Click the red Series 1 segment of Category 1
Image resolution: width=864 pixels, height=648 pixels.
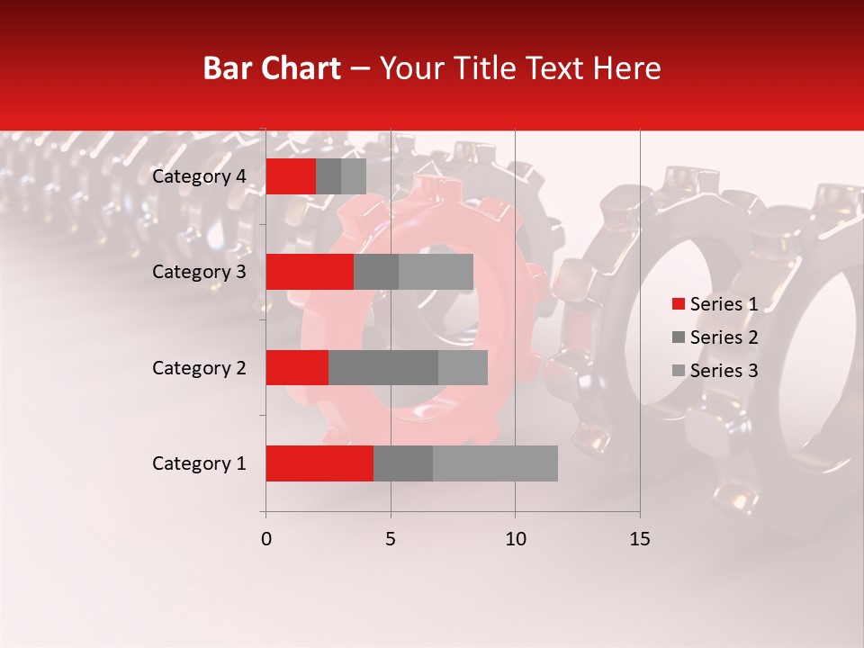pos(319,463)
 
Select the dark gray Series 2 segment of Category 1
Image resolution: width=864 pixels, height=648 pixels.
pos(403,463)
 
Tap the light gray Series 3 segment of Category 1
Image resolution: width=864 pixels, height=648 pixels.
pos(495,463)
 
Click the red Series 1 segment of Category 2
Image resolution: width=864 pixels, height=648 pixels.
pos(297,367)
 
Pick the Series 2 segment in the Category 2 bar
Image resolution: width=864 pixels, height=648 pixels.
pos(383,367)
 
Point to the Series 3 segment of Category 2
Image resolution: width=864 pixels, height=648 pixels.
pos(463,367)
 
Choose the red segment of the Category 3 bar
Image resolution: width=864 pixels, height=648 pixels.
pos(310,272)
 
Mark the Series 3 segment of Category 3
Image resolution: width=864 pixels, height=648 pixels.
pos(436,272)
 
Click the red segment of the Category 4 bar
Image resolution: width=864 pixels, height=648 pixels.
pos(291,176)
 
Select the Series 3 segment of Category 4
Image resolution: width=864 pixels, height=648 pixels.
pos(354,176)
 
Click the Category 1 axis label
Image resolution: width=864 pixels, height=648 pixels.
pos(199,463)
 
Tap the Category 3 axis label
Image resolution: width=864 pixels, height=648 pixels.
pos(199,272)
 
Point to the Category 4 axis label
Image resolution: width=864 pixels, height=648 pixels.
pos(199,176)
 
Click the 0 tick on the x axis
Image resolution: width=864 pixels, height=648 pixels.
pos(266,539)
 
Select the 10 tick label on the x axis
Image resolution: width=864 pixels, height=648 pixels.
pos(515,539)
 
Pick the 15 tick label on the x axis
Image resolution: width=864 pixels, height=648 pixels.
pos(640,539)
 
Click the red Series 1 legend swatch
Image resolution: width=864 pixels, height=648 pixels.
pos(679,304)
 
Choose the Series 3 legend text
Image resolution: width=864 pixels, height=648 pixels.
pos(724,371)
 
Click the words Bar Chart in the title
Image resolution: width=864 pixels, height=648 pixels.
pos(272,68)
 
